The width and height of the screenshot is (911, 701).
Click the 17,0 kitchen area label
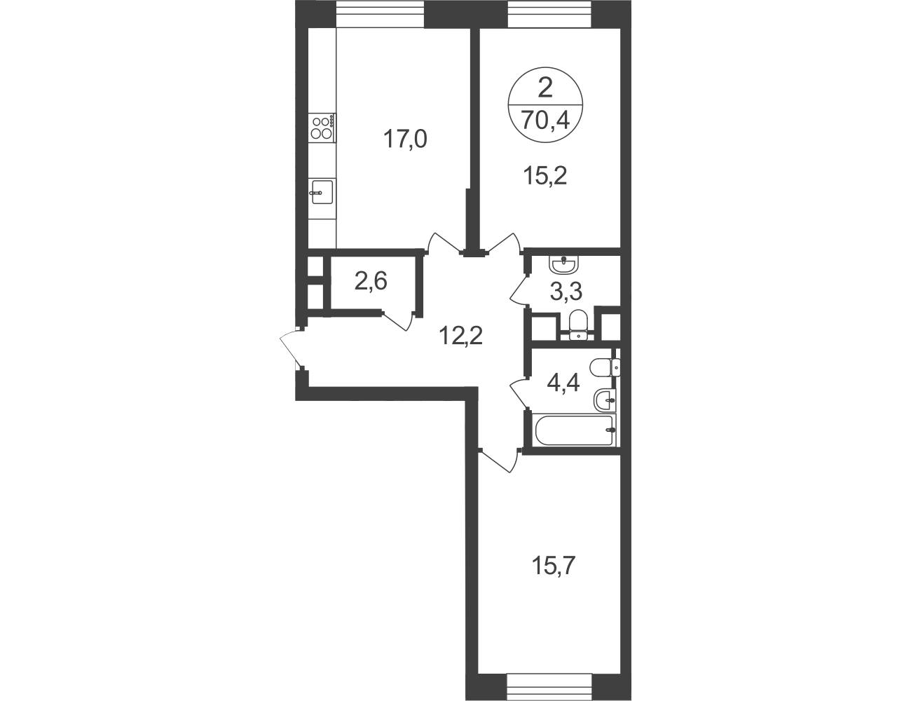pyautogui.click(x=405, y=139)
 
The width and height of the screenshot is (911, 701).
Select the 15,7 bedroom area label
pyautogui.click(x=554, y=567)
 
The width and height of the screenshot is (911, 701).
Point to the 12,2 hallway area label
pyautogui.click(x=461, y=335)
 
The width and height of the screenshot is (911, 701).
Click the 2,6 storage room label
pyautogui.click(x=370, y=281)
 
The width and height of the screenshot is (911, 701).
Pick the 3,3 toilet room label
pyautogui.click(x=566, y=292)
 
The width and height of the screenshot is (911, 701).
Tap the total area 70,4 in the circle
pyautogui.click(x=545, y=121)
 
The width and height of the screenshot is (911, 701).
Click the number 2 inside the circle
pyautogui.click(x=544, y=89)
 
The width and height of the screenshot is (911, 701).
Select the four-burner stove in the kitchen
pyautogui.click(x=322, y=128)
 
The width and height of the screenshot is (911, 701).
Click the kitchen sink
pyautogui.click(x=322, y=193)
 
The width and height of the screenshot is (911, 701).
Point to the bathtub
pyautogui.click(x=574, y=430)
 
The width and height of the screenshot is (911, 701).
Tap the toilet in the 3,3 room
pyautogui.click(x=579, y=324)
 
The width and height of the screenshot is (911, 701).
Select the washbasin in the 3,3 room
pyautogui.click(x=564, y=264)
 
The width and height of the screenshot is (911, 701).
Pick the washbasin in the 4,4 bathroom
pyautogui.click(x=605, y=399)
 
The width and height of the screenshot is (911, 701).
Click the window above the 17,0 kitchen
pyautogui.click(x=381, y=14)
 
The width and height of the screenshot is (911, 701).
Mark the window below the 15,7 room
pyautogui.click(x=549, y=687)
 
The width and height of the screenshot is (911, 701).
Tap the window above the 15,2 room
pyautogui.click(x=549, y=14)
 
